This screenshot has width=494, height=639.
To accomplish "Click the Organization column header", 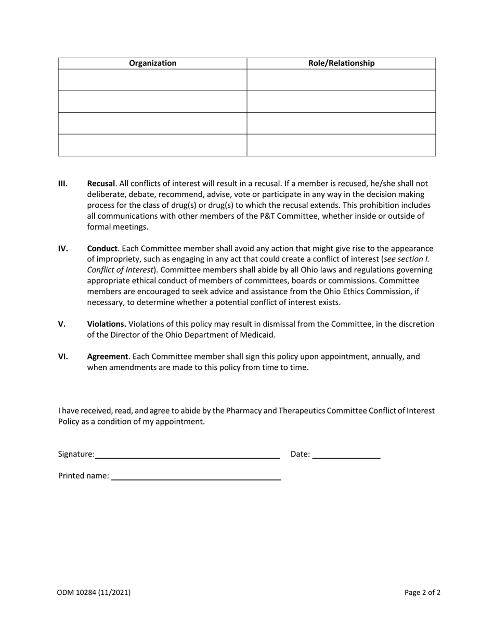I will pos(152,63).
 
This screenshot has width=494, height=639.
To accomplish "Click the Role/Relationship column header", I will pos(341,63).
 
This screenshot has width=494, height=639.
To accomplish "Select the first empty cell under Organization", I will pos(152,80).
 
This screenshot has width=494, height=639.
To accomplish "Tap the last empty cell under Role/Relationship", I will pos(341,145).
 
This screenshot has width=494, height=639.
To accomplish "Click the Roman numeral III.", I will pos(63,183).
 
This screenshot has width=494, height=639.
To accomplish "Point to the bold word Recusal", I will pos(100,183).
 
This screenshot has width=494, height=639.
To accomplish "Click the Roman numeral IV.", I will pos(63,248).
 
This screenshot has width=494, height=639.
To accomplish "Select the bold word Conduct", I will pos(102,248).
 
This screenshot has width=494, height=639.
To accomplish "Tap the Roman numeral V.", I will pos(61,324).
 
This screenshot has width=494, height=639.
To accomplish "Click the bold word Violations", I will pos(106,324).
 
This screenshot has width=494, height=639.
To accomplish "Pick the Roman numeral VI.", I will pos(63,356).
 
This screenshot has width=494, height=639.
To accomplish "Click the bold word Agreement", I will pos(107,356).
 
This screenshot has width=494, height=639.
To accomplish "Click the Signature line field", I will pos(188,454).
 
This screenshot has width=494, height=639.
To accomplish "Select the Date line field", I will pos(346,454).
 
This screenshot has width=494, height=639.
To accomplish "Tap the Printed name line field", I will pos(196,476).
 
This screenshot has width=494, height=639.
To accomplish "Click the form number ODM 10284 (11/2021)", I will pos(94,592).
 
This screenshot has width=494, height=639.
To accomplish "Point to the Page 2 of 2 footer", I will pos(422,592).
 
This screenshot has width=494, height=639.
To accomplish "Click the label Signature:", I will pos(76,454).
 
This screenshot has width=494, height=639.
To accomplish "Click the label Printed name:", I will pos(84,476).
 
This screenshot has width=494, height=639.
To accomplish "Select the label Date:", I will pos(300,454).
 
